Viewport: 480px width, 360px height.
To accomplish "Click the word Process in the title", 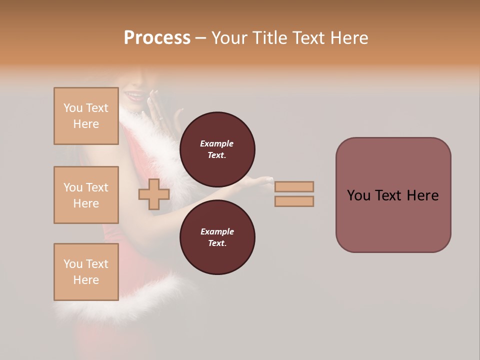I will point(157,38).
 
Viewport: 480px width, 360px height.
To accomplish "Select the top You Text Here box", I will point(86,116).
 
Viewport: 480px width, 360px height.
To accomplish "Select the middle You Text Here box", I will point(86,195).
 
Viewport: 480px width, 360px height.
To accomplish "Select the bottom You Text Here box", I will point(86,272).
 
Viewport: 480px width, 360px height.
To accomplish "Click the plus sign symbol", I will point(154,194).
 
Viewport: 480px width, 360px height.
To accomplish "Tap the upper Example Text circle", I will point(217,149).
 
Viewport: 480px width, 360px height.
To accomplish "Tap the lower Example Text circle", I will point(217,237).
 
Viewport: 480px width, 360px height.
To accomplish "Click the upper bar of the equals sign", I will point(294,187).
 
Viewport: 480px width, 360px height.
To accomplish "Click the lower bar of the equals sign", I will point(294,201).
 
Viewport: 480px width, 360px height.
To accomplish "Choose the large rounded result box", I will point(393,195).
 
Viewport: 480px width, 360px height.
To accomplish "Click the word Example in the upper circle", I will point(217,143).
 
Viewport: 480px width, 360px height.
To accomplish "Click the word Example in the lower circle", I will point(217,231).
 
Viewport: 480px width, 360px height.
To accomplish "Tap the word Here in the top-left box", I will point(86,124).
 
